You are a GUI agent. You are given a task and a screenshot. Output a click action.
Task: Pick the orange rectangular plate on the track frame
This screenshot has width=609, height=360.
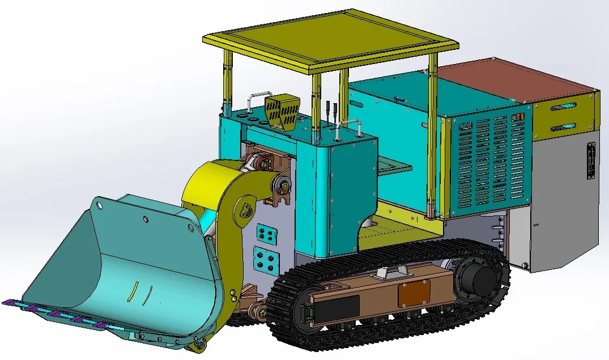414,294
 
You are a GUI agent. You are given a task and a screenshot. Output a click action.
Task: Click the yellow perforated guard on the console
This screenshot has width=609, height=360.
282,112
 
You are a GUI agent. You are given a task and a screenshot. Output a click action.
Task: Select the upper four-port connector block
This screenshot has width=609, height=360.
266,234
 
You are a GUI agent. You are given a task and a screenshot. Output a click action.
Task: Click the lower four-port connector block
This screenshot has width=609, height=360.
265,260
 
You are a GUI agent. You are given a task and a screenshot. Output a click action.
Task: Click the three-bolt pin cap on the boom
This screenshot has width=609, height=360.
248,211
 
